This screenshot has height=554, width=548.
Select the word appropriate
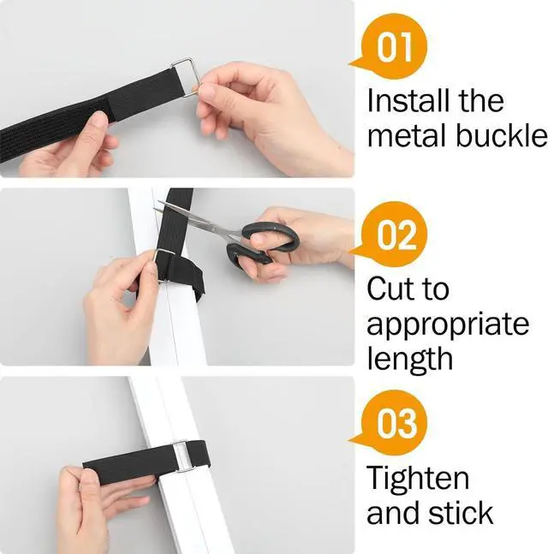click(448, 325)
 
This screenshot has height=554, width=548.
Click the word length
click(410, 359)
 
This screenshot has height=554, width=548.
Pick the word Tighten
click(418, 478)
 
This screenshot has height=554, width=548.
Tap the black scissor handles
click(262, 244)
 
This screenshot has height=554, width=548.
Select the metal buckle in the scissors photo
click(164, 265)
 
